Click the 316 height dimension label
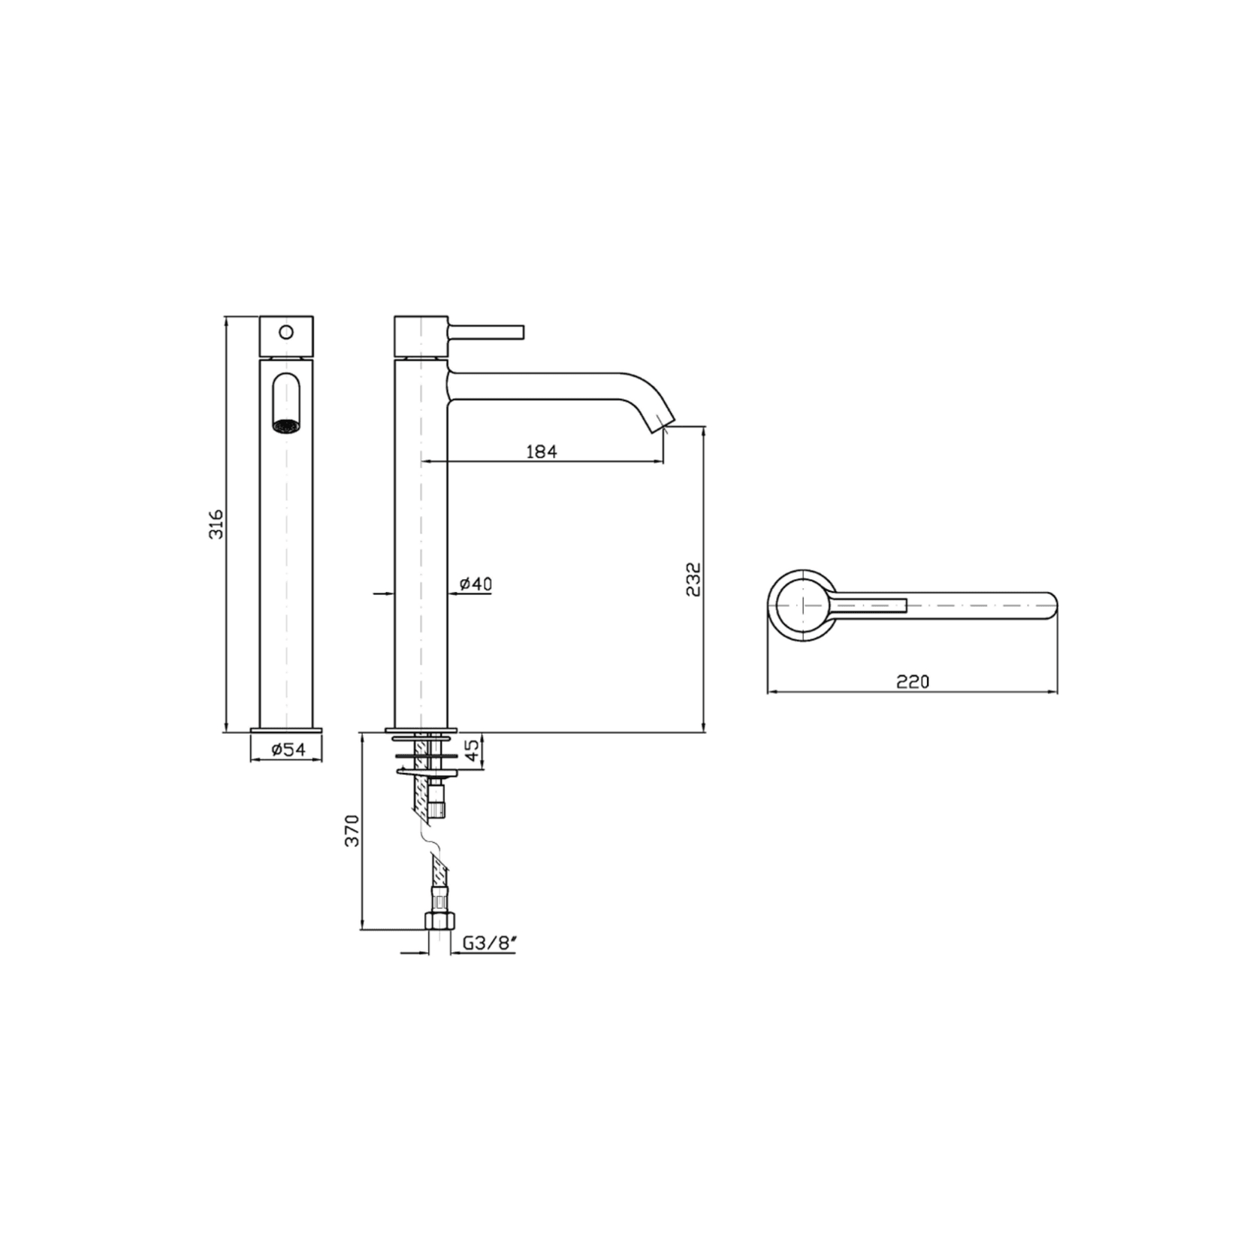click(216, 524)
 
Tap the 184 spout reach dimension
click(541, 451)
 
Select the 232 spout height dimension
click(693, 579)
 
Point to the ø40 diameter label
click(476, 584)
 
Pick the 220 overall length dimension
click(913, 681)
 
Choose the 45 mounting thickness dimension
click(473, 751)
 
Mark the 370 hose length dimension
click(352, 831)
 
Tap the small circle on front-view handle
click(285, 331)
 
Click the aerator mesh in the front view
click(285, 426)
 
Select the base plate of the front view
click(285, 729)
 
